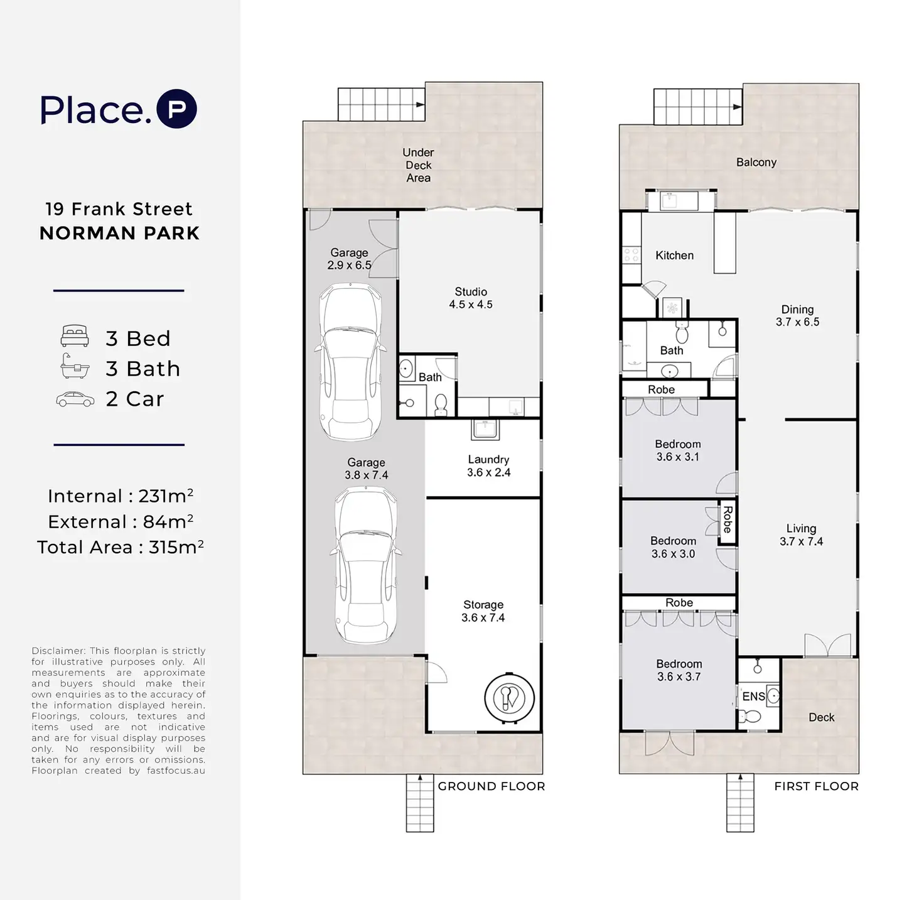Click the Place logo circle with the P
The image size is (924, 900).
point(176,109)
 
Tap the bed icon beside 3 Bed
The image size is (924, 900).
point(75,336)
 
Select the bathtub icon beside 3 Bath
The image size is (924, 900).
point(75,366)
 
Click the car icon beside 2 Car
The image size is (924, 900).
point(75,399)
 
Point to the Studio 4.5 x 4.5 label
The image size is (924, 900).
point(471,298)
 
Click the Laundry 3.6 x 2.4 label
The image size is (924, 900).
point(488,465)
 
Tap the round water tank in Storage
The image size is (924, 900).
point(510,698)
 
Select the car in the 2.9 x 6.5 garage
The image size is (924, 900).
point(350,362)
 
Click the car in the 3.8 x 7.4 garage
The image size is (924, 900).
point(365,565)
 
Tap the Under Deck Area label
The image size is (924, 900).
point(418,165)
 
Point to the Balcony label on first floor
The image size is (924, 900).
point(756,162)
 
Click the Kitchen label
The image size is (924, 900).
point(674,255)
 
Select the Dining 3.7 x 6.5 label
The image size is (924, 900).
point(797,315)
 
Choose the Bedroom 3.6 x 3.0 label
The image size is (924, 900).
point(673,547)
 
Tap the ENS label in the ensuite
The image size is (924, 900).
point(753,696)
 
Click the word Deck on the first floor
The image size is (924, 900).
point(822,717)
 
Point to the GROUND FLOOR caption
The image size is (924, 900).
point(491,786)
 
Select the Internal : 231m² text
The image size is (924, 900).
point(121,496)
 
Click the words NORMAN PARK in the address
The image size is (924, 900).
point(119,233)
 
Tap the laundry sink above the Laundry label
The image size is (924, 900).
point(485,430)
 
